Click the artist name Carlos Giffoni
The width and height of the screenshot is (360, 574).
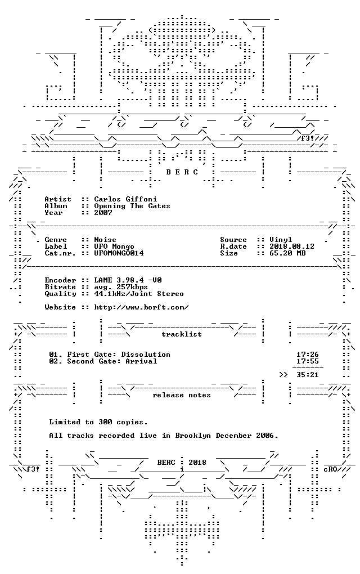click(x=125, y=199)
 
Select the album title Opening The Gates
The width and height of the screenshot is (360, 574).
click(x=132, y=206)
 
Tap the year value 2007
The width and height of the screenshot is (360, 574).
click(x=103, y=213)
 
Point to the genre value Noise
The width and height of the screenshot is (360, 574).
click(x=105, y=240)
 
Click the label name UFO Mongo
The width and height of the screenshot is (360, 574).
click(x=114, y=246)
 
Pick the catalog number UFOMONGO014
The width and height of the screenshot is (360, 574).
click(x=119, y=253)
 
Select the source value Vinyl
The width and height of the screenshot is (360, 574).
click(x=281, y=240)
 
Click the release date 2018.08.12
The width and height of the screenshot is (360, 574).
click(x=292, y=246)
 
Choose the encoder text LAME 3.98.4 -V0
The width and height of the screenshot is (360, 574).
click(x=128, y=280)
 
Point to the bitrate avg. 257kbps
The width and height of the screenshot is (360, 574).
click(x=121, y=288)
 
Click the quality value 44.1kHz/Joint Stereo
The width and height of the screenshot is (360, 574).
click(x=139, y=294)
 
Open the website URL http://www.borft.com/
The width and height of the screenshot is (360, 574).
click(x=141, y=307)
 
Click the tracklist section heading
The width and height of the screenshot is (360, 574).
click(x=182, y=334)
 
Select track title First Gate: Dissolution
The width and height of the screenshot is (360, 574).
click(x=119, y=355)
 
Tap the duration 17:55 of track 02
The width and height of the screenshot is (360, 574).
click(x=307, y=361)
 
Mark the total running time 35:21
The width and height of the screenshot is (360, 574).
click(x=307, y=375)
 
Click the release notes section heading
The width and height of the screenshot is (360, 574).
click(x=182, y=396)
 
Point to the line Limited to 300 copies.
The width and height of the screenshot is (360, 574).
click(x=98, y=423)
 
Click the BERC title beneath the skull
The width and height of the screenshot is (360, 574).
click(x=182, y=172)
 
